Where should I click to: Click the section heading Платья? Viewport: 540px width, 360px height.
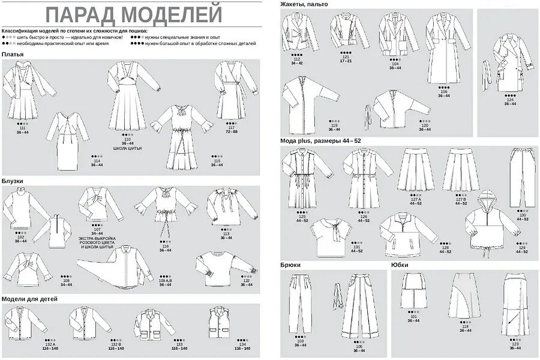[13, 55]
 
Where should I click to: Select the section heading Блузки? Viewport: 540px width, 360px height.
[13, 179]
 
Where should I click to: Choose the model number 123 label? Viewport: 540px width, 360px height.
[515, 344]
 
